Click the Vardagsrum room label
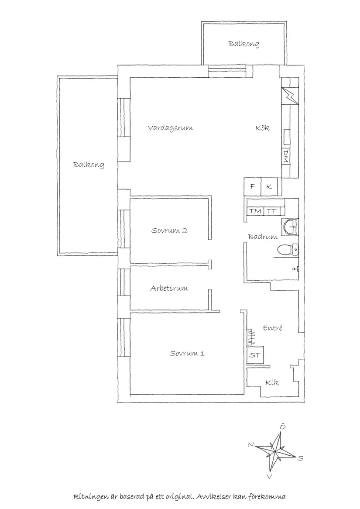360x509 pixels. coord(170,128)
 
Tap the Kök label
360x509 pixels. coord(263,128)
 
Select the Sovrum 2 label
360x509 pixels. coord(169,230)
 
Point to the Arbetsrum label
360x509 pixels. coord(169,289)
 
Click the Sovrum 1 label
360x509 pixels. coord(187,353)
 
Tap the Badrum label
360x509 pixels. coord(263,237)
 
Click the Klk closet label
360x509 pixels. coord(272,383)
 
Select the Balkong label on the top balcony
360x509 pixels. coord(244,44)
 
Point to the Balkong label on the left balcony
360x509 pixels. coord(89,165)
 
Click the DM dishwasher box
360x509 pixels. coord(286,156)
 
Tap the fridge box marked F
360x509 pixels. coord(252,187)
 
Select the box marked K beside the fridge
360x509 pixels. coord(269,187)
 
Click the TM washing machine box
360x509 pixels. coord(255,211)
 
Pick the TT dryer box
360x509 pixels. coord(272,211)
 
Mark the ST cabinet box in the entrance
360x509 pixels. coord(255,355)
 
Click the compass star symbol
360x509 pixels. coord(275,450)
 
